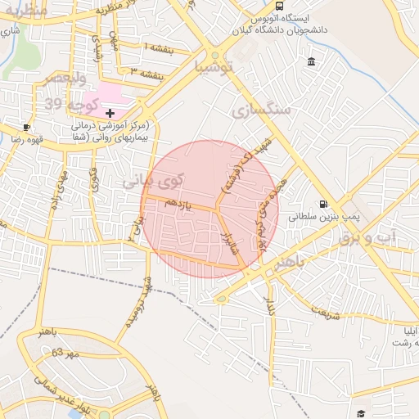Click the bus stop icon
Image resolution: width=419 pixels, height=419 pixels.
point(280,7)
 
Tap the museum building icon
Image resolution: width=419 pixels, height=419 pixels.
point(312,62)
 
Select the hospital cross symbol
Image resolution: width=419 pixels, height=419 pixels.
point(110,112)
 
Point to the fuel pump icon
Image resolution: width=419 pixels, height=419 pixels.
point(324,204)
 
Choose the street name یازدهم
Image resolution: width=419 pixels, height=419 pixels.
point(178,205)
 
